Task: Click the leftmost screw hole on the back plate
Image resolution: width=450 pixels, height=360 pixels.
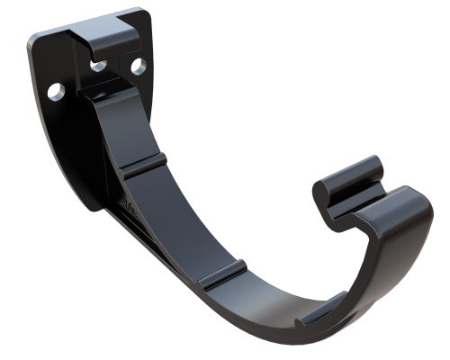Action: coord(57,91)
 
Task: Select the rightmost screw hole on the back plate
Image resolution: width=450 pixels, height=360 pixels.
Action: coord(138,66)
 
